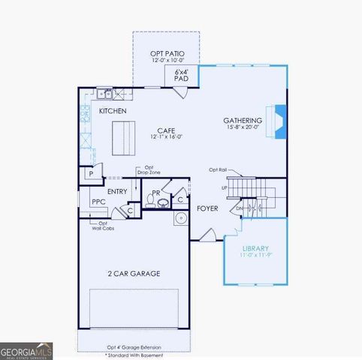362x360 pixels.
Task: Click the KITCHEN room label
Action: click(111, 111)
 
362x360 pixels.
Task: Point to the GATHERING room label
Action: click(242, 120)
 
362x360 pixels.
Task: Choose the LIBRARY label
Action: click(255, 248)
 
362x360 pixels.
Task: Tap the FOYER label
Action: click(207, 208)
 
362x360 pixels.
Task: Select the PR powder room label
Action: click(157, 192)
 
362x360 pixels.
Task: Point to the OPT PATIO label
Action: click(165, 52)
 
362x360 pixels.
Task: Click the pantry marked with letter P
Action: click(90, 173)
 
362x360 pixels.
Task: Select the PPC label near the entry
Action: click(98, 202)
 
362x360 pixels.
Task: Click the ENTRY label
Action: click(117, 191)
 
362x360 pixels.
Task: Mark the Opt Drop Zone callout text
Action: click(148, 170)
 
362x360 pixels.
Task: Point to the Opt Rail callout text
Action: click(217, 169)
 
